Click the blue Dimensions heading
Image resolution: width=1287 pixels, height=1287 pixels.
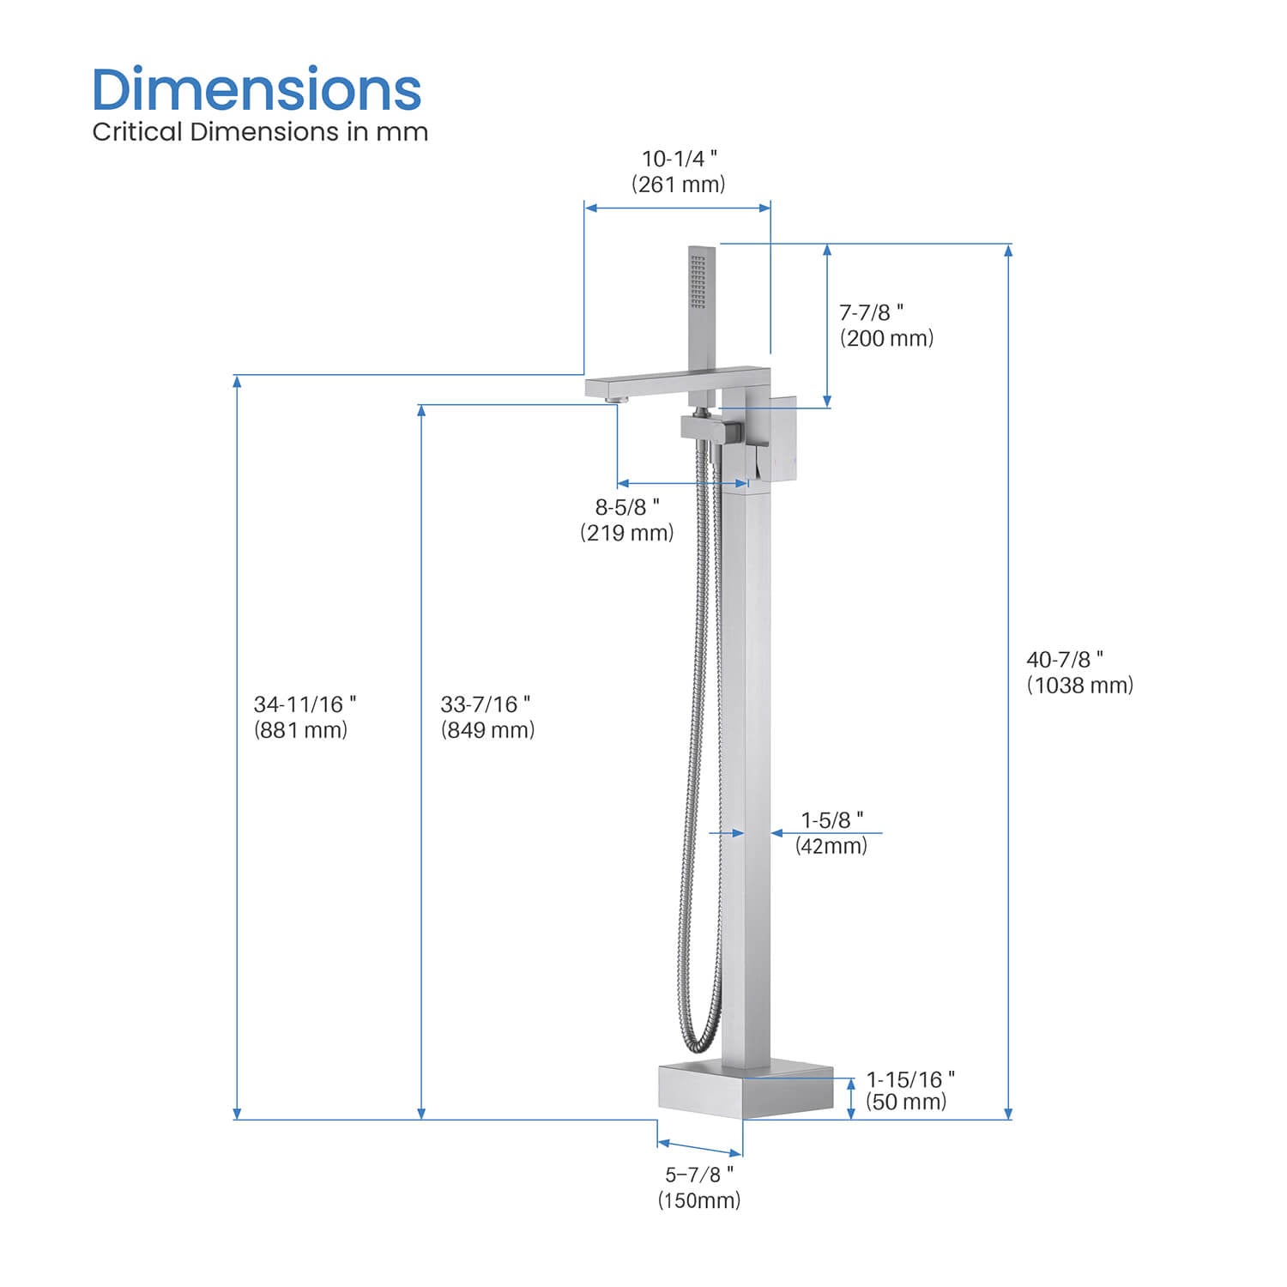[257, 90]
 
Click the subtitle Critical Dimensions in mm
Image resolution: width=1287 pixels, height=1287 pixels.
[260, 132]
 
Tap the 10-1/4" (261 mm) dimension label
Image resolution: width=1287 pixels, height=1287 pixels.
[679, 172]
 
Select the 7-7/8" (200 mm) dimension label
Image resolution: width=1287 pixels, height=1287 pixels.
[885, 325]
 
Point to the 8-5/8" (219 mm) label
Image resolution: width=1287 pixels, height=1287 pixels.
[627, 520]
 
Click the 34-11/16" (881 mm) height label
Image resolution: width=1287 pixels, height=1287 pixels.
[304, 716]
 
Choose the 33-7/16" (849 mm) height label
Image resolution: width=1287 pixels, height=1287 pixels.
[487, 716]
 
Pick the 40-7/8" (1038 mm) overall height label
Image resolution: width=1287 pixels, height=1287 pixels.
[1079, 672]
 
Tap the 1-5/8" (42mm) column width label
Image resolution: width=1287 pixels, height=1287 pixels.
[831, 832]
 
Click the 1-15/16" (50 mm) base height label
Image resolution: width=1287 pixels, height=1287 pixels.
[909, 1091]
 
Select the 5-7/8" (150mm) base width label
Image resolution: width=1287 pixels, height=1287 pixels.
[699, 1187]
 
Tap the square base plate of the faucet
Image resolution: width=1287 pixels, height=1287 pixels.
[745, 1091]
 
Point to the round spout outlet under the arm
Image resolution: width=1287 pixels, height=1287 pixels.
[613, 400]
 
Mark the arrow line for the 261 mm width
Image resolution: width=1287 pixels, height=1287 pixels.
[677, 208]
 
